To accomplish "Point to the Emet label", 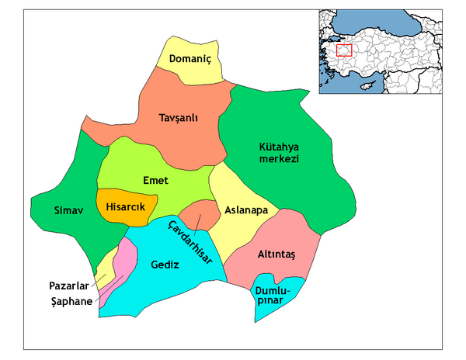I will click(156, 180).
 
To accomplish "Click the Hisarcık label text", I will click(126, 206).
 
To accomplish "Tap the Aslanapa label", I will click(246, 210).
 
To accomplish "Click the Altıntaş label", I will click(276, 253).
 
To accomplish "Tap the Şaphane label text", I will click(69, 301).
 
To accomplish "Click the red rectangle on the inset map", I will click(343, 50).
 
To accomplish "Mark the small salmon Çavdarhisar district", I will click(200, 213).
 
